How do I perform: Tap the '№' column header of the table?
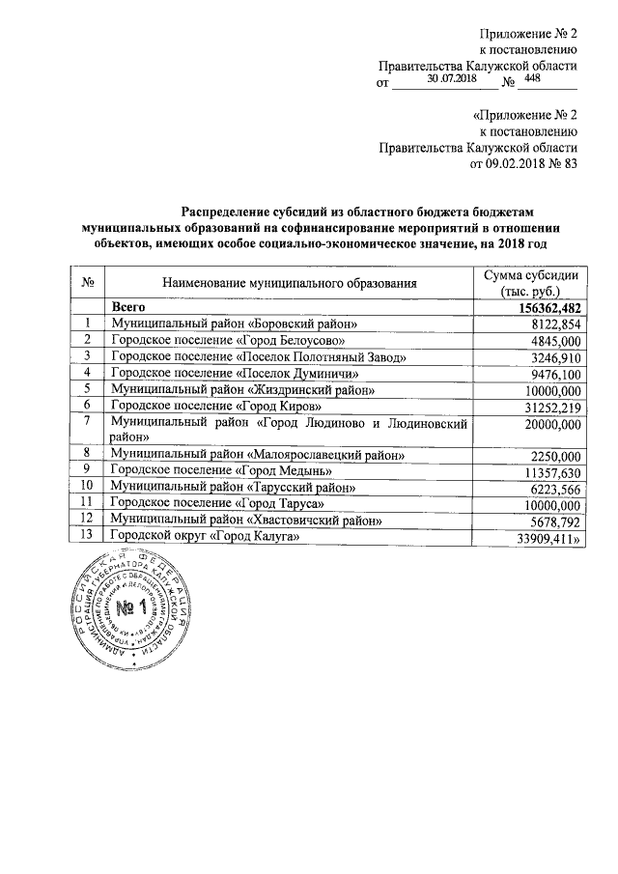click(x=88, y=283)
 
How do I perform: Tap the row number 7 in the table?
click(x=88, y=422)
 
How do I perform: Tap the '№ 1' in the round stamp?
click(x=134, y=609)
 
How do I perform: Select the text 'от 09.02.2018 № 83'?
click(x=522, y=163)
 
